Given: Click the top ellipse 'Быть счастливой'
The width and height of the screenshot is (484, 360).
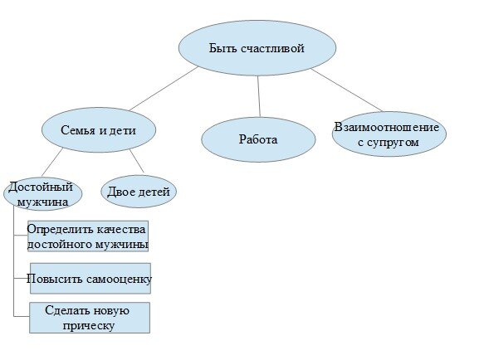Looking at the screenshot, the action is [257, 48].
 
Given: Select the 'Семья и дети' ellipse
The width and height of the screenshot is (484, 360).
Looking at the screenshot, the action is [99, 130].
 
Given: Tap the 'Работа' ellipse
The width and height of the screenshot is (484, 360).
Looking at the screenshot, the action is [258, 139].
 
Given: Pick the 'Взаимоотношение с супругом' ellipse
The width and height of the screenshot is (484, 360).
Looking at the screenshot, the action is [389, 134].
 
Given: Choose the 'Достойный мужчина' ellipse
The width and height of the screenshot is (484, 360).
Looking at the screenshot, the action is [43, 194].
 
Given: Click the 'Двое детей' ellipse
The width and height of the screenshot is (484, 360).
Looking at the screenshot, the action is [139, 192].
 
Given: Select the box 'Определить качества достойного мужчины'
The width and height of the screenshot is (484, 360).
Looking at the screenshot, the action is [88, 236].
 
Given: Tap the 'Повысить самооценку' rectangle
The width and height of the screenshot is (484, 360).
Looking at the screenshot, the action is [90, 278].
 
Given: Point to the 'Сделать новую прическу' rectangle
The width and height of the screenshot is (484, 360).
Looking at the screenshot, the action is [90, 318].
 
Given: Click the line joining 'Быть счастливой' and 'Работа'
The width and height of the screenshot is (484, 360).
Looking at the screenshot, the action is [259, 96].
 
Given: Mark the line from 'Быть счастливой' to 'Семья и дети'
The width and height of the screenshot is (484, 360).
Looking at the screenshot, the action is [164, 89].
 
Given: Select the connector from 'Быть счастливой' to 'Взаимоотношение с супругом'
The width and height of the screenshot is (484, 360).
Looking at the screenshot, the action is [347, 90].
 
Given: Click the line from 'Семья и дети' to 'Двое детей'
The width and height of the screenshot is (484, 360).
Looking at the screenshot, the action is [137, 161].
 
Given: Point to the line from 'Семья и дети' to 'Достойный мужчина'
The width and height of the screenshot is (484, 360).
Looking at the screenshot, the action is [52, 162].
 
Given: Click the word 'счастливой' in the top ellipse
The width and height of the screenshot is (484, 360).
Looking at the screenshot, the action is [272, 48].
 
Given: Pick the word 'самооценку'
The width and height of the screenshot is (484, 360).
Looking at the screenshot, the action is [120, 280].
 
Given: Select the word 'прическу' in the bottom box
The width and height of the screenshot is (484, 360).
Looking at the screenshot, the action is [89, 326].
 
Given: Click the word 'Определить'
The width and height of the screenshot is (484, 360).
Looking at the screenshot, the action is [60, 230].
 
